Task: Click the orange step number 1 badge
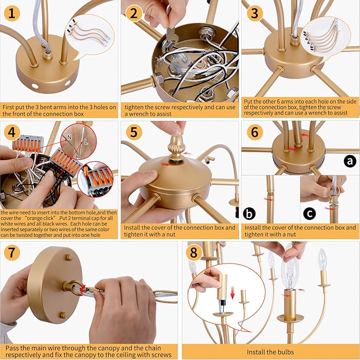[12, 13]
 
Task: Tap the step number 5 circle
[134, 132]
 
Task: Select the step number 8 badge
[194, 252]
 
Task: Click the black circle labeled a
[350, 161]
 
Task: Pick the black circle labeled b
[249, 214]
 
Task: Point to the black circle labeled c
[310, 214]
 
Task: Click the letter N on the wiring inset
[69, 137]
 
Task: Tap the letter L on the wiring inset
[86, 142]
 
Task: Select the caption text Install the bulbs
[270, 352]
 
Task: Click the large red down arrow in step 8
[233, 293]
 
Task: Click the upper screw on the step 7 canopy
[69, 257]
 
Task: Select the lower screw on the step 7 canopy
[63, 315]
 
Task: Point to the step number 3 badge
[254, 13]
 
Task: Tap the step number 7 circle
[12, 252]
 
